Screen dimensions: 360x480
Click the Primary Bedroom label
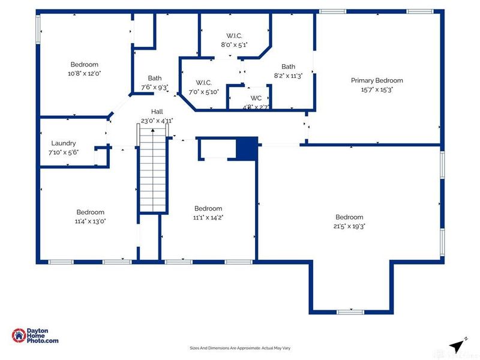point(377,80)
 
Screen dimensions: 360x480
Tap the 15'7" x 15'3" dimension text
point(377,89)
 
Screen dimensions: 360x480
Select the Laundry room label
point(64,143)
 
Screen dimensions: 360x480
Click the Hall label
point(157,112)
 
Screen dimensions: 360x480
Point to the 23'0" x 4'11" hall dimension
point(157,121)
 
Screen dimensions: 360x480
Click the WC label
point(256,98)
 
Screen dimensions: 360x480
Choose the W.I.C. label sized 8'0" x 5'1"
point(234,36)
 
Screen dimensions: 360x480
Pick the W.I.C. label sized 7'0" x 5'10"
point(203,83)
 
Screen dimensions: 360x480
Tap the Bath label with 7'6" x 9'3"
point(155,78)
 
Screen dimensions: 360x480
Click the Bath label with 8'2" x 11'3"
point(289,67)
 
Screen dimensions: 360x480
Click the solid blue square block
point(246,148)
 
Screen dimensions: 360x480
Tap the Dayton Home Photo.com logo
point(35,335)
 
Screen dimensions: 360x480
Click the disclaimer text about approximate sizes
point(240,348)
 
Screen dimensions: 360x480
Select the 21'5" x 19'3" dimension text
point(349,226)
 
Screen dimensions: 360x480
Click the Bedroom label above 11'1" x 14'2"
point(208,209)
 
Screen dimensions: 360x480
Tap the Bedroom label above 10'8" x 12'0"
point(84,65)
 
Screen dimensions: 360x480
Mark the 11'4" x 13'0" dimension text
point(90,221)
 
